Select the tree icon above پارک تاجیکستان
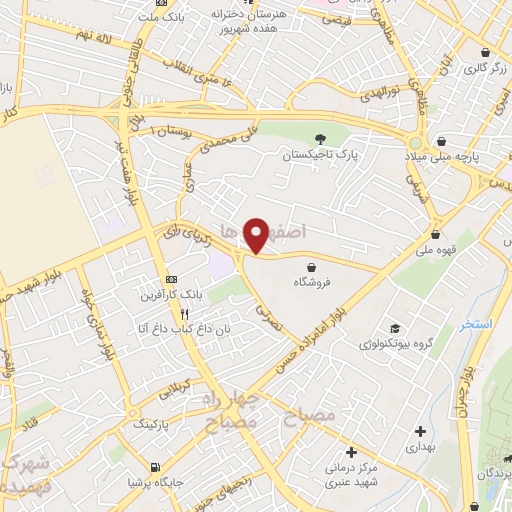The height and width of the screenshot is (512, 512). click(320, 138)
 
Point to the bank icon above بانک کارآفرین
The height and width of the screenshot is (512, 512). click(171, 279)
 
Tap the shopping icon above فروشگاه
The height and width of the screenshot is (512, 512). click(316, 266)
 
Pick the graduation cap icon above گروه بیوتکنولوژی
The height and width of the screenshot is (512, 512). click(397, 328)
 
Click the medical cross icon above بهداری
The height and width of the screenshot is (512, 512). click(419, 431)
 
